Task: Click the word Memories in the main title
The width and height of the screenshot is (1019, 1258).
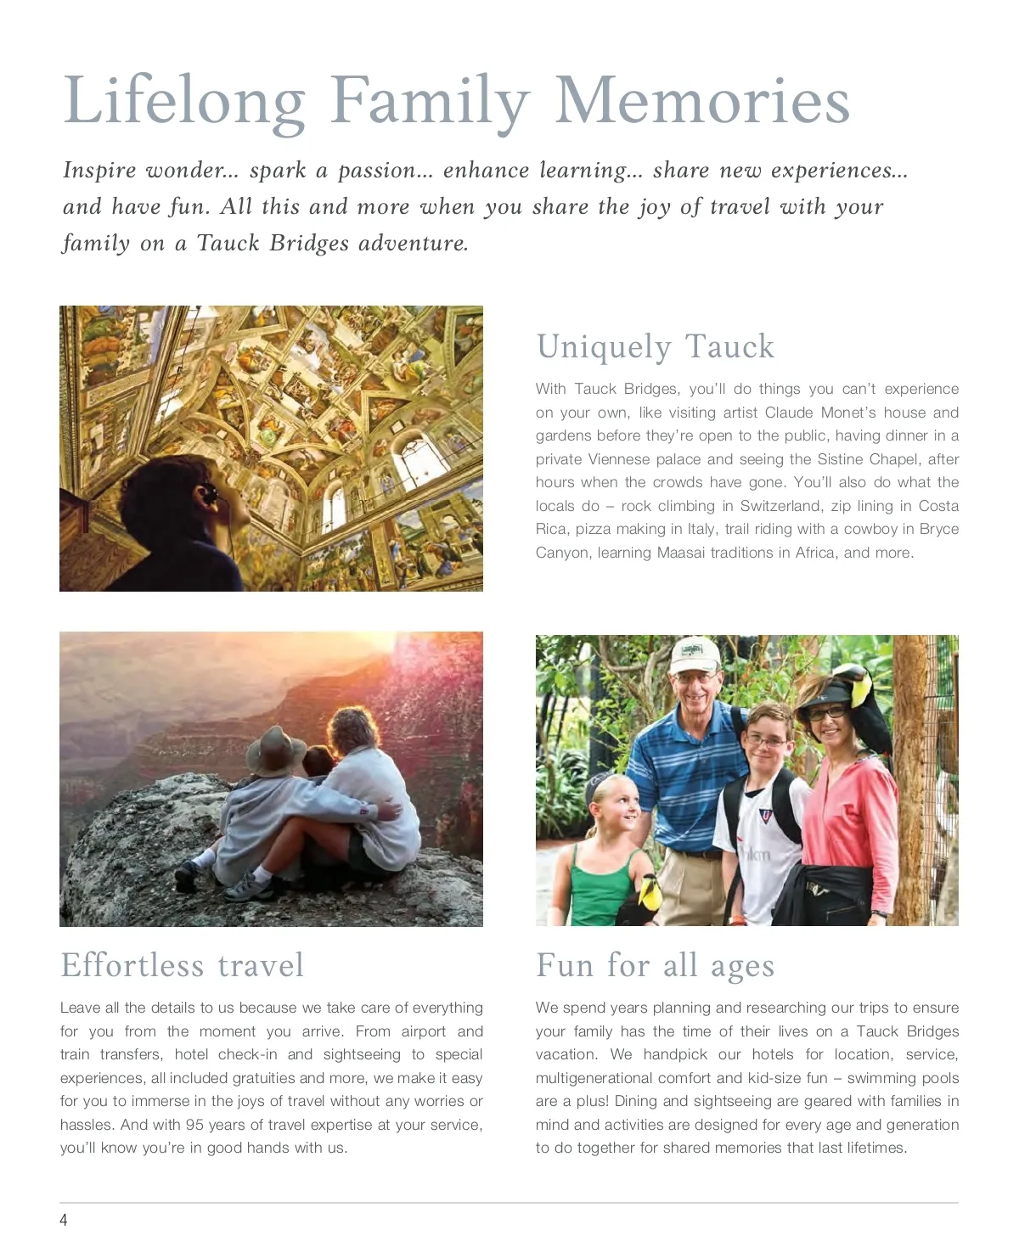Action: point(701,102)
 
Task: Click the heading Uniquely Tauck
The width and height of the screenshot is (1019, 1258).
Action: point(655,346)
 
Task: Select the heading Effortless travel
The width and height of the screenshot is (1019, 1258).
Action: point(182,965)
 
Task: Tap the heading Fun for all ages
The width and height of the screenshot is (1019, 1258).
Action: point(655,965)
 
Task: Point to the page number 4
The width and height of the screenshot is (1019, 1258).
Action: point(64,1221)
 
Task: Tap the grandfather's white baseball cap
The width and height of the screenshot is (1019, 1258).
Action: point(694,654)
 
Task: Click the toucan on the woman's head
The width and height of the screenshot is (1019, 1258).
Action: point(864,696)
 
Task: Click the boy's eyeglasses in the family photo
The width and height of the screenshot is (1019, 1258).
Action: point(766,741)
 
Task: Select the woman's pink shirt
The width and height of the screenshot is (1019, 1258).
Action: point(849,815)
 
